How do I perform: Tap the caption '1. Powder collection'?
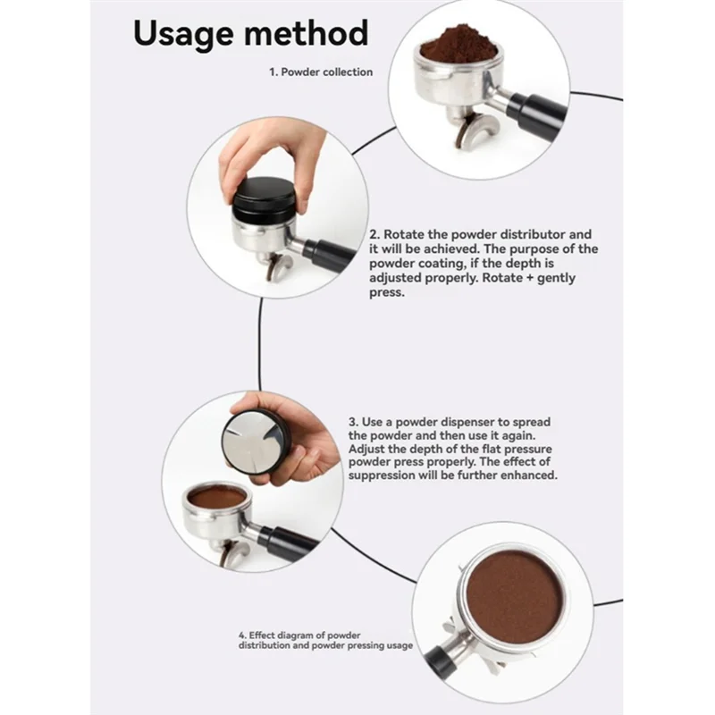[321, 71]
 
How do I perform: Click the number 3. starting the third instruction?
[353, 420]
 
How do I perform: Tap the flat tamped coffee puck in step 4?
[514, 593]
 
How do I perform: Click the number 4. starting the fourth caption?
[242, 635]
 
